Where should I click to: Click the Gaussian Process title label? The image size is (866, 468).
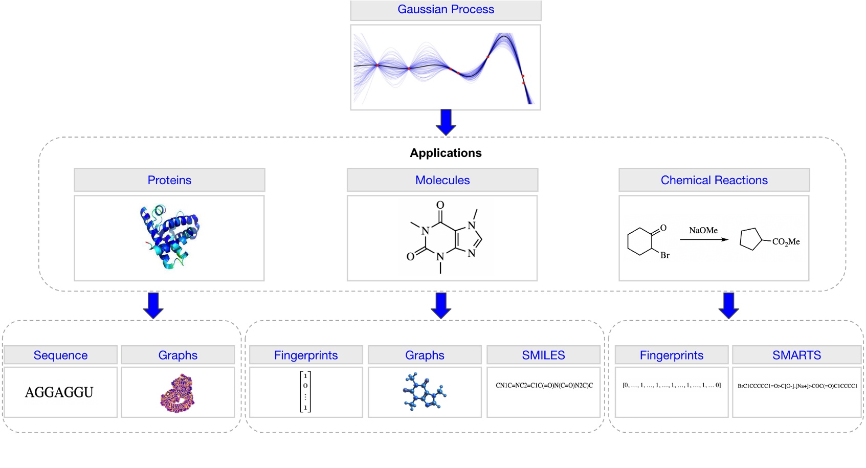(x=446, y=10)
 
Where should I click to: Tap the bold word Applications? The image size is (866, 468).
(x=446, y=153)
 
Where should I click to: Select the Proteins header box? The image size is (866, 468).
(x=169, y=180)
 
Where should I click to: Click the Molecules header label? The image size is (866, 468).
(x=442, y=180)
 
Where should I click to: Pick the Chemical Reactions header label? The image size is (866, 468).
(x=714, y=180)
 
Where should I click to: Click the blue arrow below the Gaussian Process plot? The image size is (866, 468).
(x=446, y=122)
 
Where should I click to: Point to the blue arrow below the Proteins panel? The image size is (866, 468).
(x=153, y=305)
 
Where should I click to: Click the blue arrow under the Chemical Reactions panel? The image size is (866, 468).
(x=728, y=305)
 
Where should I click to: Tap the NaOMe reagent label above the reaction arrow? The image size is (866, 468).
(x=703, y=231)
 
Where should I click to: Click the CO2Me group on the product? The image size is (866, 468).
(x=786, y=242)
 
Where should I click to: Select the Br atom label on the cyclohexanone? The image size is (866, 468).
(x=664, y=255)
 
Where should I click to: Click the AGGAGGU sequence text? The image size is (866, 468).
(x=59, y=392)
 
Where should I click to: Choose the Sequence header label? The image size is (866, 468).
(x=60, y=355)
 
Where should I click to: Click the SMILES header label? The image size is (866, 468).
(x=543, y=355)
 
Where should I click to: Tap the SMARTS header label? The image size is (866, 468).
(x=796, y=355)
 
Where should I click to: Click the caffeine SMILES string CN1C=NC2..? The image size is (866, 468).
(x=544, y=386)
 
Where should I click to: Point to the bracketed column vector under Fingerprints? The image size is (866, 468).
(x=305, y=392)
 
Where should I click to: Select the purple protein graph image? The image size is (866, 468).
(x=177, y=393)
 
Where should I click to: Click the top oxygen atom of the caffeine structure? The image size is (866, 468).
(x=440, y=205)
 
